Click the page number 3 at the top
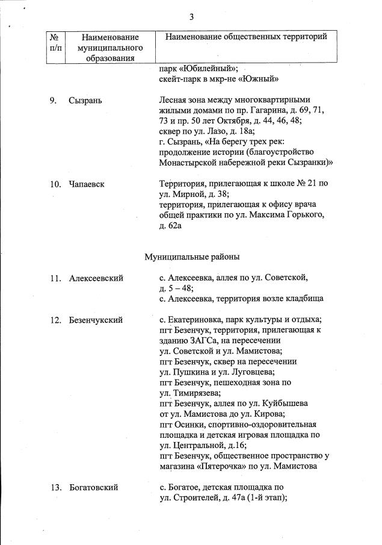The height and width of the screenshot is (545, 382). (x=191, y=16)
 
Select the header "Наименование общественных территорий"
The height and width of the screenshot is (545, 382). (x=246, y=37)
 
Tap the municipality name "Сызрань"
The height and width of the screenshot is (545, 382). (x=85, y=100)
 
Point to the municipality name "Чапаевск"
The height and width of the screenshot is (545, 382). (x=87, y=183)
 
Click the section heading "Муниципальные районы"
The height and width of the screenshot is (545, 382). (x=192, y=257)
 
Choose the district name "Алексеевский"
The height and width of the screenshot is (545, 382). (x=96, y=278)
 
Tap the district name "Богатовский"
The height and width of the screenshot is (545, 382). (x=93, y=487)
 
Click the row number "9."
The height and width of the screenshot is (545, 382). (x=54, y=100)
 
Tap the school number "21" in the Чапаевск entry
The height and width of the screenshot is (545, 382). (x=312, y=183)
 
